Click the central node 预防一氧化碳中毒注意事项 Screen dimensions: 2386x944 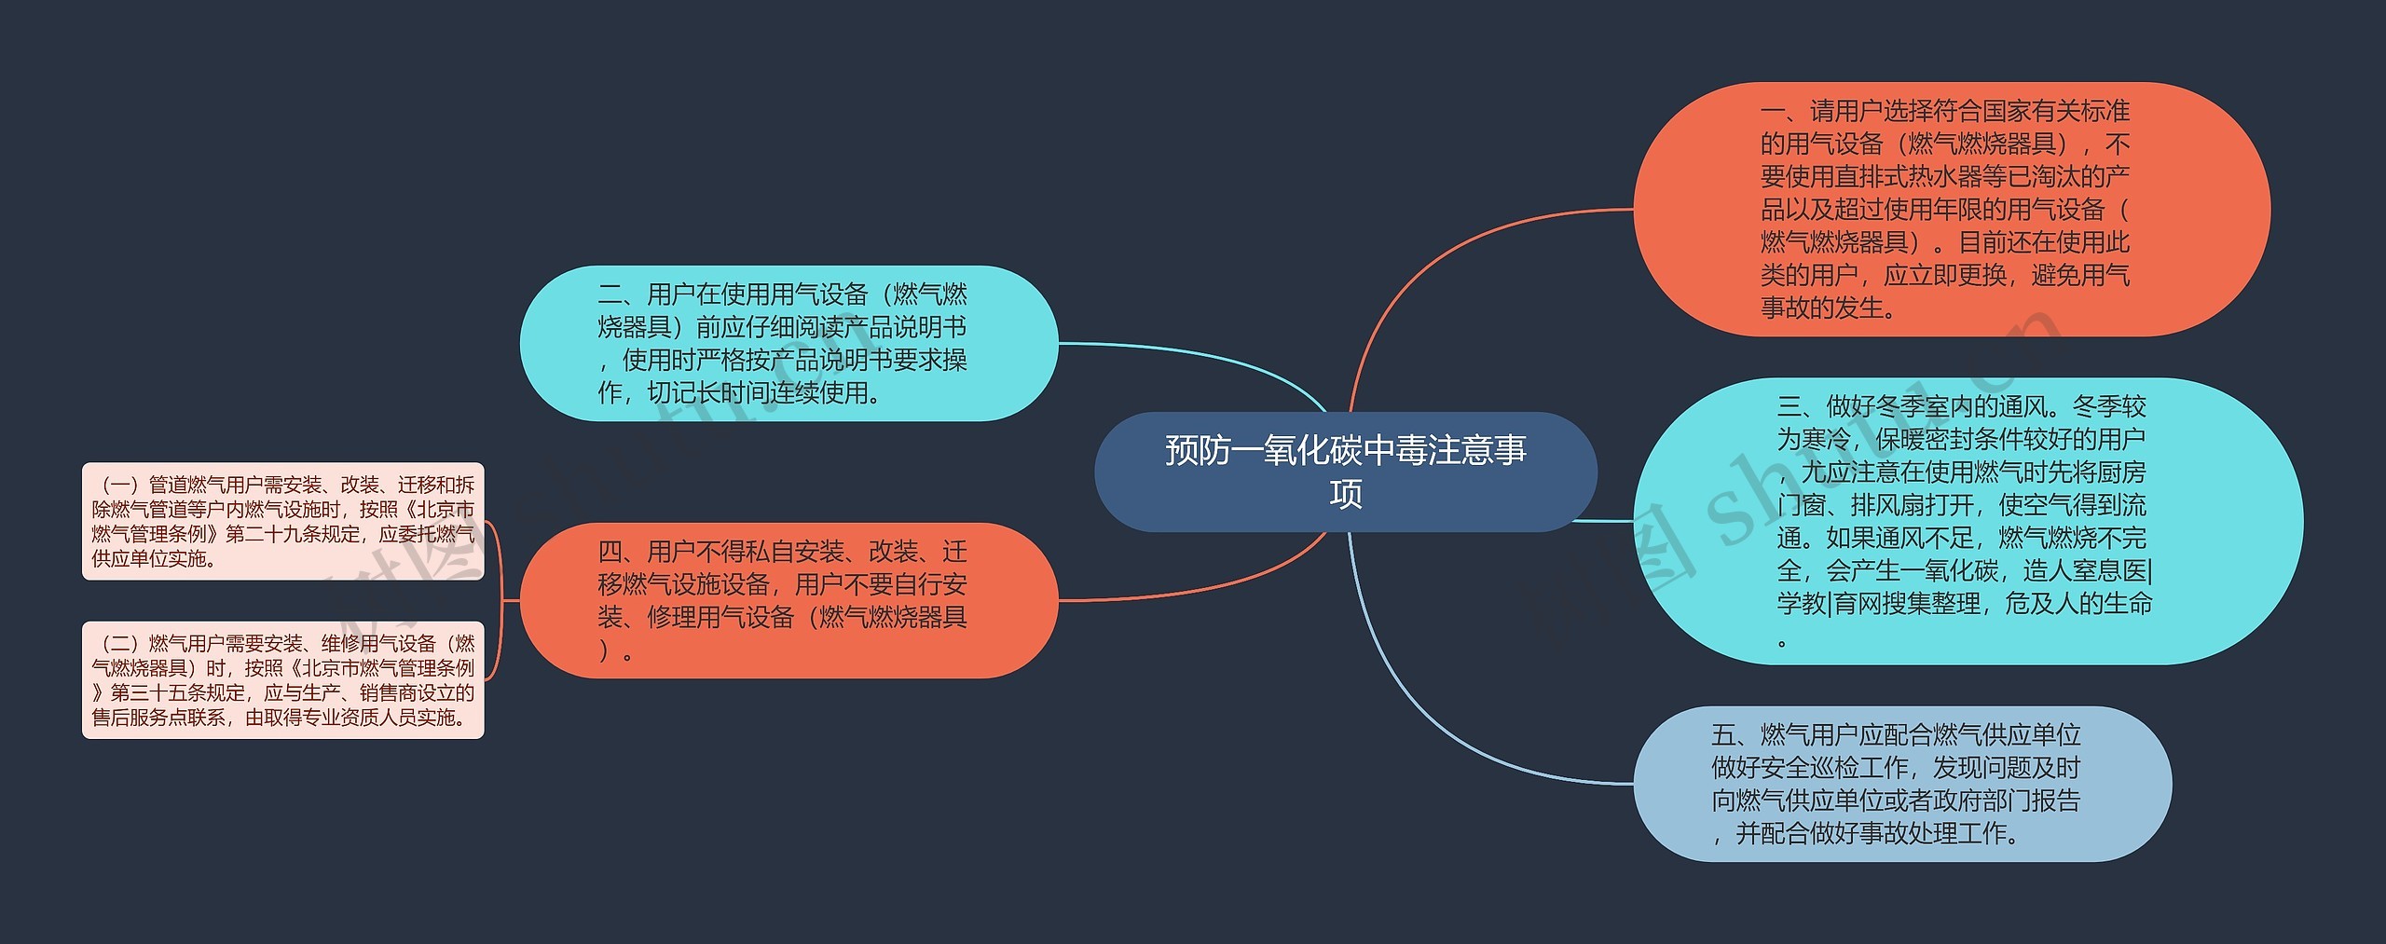[1345, 472]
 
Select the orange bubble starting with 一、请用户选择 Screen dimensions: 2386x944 [1952, 210]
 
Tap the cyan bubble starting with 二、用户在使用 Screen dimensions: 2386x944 [788, 343]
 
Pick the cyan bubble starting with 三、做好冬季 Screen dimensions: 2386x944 [1968, 521]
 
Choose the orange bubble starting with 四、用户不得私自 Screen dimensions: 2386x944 [788, 600]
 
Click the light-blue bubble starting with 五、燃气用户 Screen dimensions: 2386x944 [1902, 784]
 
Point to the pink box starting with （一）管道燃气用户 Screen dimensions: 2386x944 [283, 521]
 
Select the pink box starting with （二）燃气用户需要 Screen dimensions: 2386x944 [283, 680]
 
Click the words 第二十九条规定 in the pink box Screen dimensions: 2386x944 [293, 534]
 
